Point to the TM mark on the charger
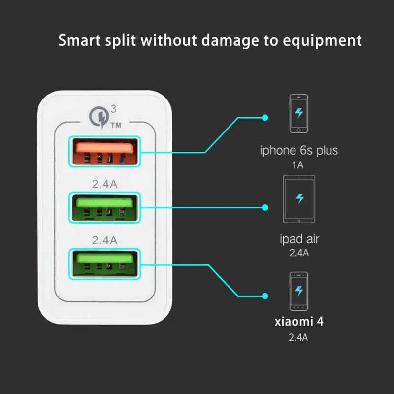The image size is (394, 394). pyautogui.click(x=116, y=126)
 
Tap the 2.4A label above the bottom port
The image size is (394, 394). pyautogui.click(x=104, y=241)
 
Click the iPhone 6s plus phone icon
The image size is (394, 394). pyautogui.click(x=299, y=113)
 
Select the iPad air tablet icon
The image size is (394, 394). pyautogui.click(x=299, y=199)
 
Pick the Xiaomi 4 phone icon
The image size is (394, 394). pyautogui.click(x=299, y=291)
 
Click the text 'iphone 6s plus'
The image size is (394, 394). pyautogui.click(x=299, y=150)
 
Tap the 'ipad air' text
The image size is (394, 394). pyautogui.click(x=299, y=239)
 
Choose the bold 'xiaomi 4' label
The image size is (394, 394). pyautogui.click(x=299, y=323)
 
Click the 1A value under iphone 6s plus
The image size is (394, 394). pyautogui.click(x=298, y=165)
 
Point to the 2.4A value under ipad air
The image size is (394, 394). pyautogui.click(x=299, y=253)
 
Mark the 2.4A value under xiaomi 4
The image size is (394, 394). pyautogui.click(x=299, y=337)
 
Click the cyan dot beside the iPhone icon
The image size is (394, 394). pyautogui.click(x=265, y=117)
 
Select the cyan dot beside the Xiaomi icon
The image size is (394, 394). pyautogui.click(x=265, y=296)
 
